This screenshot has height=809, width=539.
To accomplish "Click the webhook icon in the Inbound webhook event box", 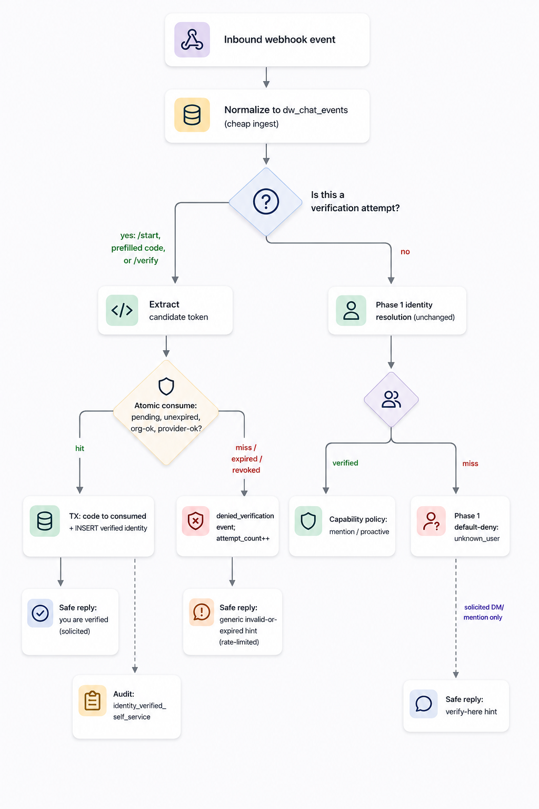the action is (x=192, y=40).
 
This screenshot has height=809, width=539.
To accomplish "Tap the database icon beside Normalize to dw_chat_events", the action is (x=192, y=115).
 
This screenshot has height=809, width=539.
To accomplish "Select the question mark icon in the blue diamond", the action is (x=266, y=202).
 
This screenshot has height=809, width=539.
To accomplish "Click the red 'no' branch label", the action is (x=405, y=252).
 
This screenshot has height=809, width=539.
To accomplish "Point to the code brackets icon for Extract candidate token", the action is (x=122, y=310).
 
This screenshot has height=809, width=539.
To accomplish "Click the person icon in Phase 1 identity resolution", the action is (x=351, y=311).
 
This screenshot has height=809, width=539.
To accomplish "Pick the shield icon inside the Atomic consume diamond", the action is (x=166, y=387).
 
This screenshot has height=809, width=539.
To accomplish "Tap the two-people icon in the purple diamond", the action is (x=391, y=399).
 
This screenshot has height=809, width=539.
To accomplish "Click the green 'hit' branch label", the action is (x=79, y=448).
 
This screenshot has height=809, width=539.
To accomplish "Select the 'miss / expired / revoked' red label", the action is (x=246, y=459).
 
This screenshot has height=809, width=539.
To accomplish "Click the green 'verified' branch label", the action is (x=345, y=463).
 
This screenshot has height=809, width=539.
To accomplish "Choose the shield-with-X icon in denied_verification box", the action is (x=196, y=521).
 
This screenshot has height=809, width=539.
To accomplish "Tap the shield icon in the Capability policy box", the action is (x=308, y=521).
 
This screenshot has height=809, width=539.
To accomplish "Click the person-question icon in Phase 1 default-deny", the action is (x=432, y=521).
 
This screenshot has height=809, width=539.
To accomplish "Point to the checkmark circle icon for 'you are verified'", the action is (x=41, y=613).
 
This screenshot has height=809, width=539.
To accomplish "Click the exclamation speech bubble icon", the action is (x=202, y=612).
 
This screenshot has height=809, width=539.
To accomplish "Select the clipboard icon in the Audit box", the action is (x=93, y=701).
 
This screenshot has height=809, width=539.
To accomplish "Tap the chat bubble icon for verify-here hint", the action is (x=424, y=704).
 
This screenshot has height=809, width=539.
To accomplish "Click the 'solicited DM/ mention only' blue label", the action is (x=483, y=612).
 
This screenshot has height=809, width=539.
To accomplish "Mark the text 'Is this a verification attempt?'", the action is (x=355, y=202).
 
